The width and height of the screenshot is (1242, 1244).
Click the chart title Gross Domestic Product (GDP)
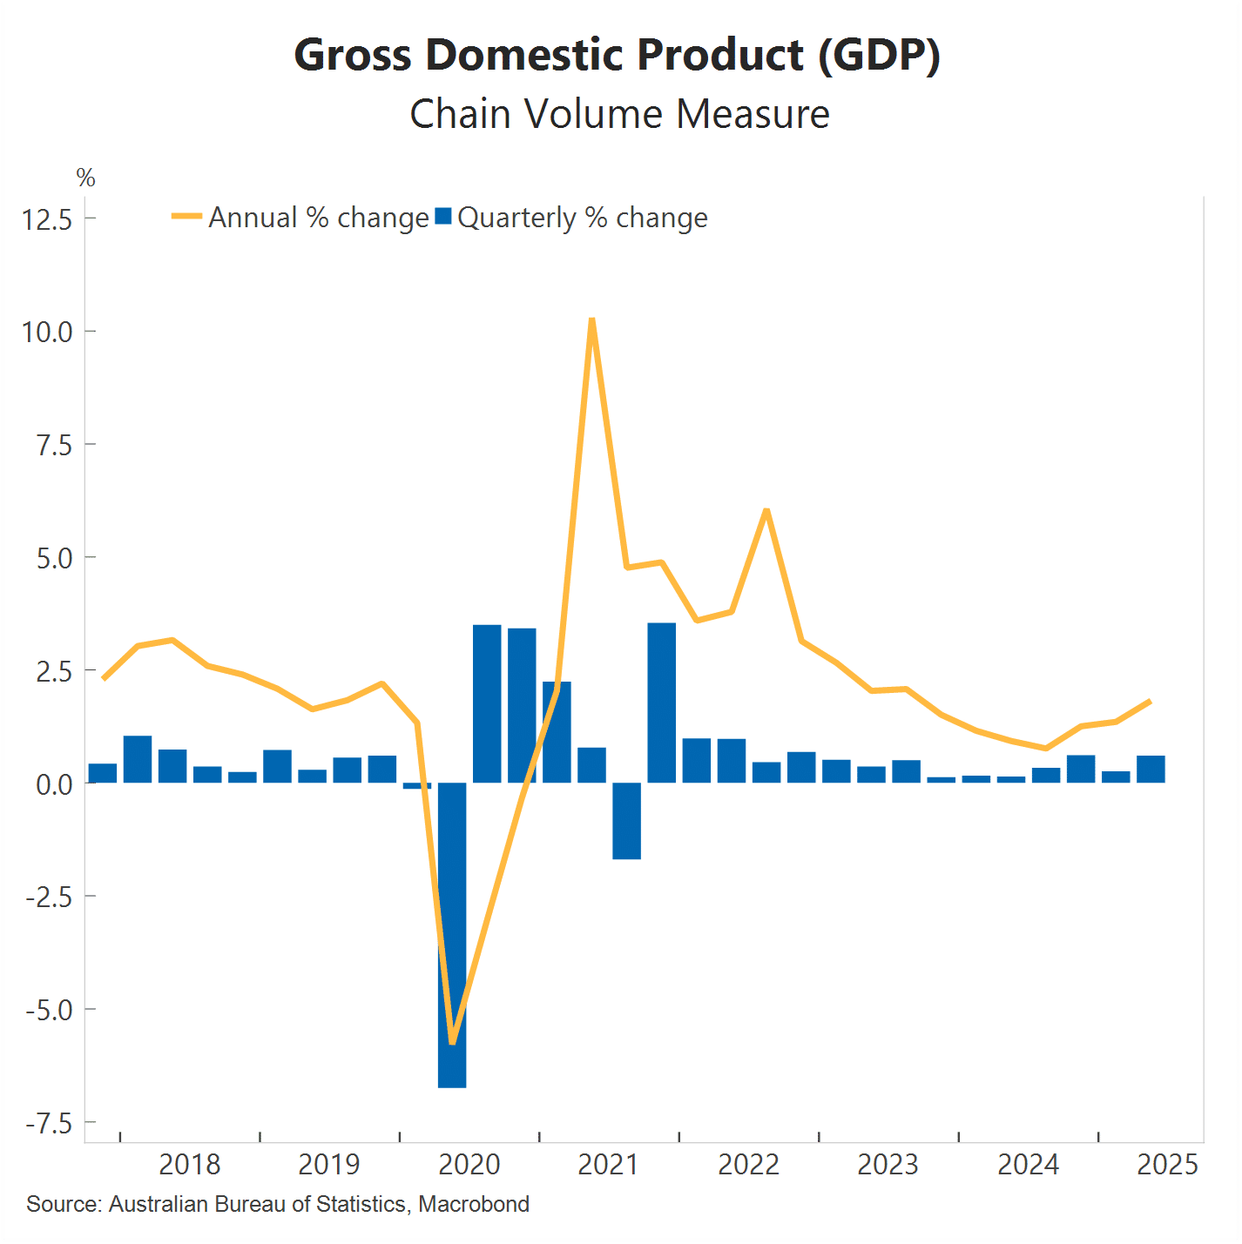618,55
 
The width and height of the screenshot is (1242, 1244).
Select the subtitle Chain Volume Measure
619,114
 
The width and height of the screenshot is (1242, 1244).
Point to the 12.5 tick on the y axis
47,219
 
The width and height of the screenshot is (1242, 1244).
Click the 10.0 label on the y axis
47,332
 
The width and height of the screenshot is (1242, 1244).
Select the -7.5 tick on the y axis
49,1124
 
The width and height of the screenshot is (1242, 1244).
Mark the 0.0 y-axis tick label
54,784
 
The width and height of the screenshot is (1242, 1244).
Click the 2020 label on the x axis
469,1165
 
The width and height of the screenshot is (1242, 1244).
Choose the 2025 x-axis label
1167,1165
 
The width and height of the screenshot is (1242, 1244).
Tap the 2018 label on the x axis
190,1165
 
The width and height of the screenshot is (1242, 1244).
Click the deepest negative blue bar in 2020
452,936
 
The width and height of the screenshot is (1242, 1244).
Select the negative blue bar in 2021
627,821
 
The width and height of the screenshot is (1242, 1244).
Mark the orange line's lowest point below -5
452,1041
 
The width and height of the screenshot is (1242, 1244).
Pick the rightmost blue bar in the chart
1151,770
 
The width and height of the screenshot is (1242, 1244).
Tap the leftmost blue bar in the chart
103,773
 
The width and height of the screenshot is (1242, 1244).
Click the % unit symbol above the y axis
85,178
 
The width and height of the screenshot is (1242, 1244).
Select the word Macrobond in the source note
474,1204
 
